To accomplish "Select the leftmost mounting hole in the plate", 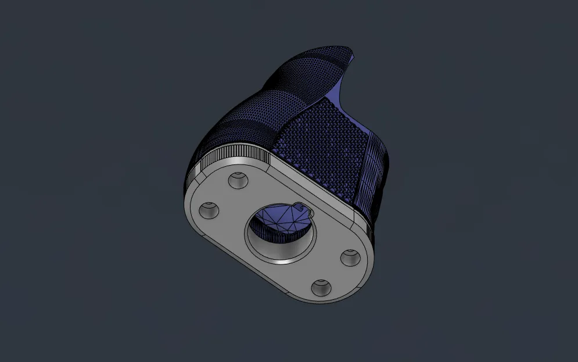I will click(x=209, y=210).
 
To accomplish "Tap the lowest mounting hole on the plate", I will click(x=320, y=286).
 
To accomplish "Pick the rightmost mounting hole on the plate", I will click(x=350, y=257).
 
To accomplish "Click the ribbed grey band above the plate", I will click(x=232, y=155).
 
